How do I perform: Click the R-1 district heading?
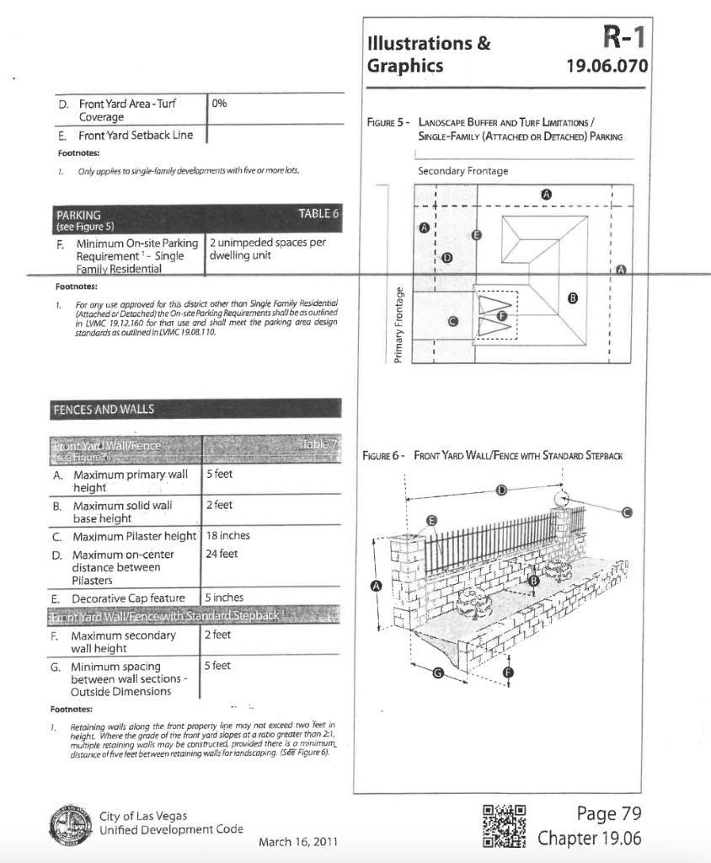pyautogui.click(x=623, y=40)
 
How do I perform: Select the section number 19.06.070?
pyautogui.click(x=607, y=67)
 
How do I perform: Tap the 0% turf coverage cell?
pyautogui.click(x=220, y=104)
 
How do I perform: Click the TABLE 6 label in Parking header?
pyautogui.click(x=318, y=214)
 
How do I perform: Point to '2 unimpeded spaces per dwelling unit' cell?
pyautogui.click(x=267, y=249)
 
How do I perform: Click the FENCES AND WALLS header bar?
pyautogui.click(x=195, y=409)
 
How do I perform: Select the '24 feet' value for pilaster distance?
pyautogui.click(x=222, y=555)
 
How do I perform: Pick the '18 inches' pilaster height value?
pyautogui.click(x=227, y=535)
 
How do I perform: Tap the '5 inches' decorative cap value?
pyautogui.click(x=224, y=598)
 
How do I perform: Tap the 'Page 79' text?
pyautogui.click(x=609, y=813)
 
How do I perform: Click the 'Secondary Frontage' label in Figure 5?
pyautogui.click(x=462, y=171)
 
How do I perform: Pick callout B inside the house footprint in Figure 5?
pyautogui.click(x=574, y=297)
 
